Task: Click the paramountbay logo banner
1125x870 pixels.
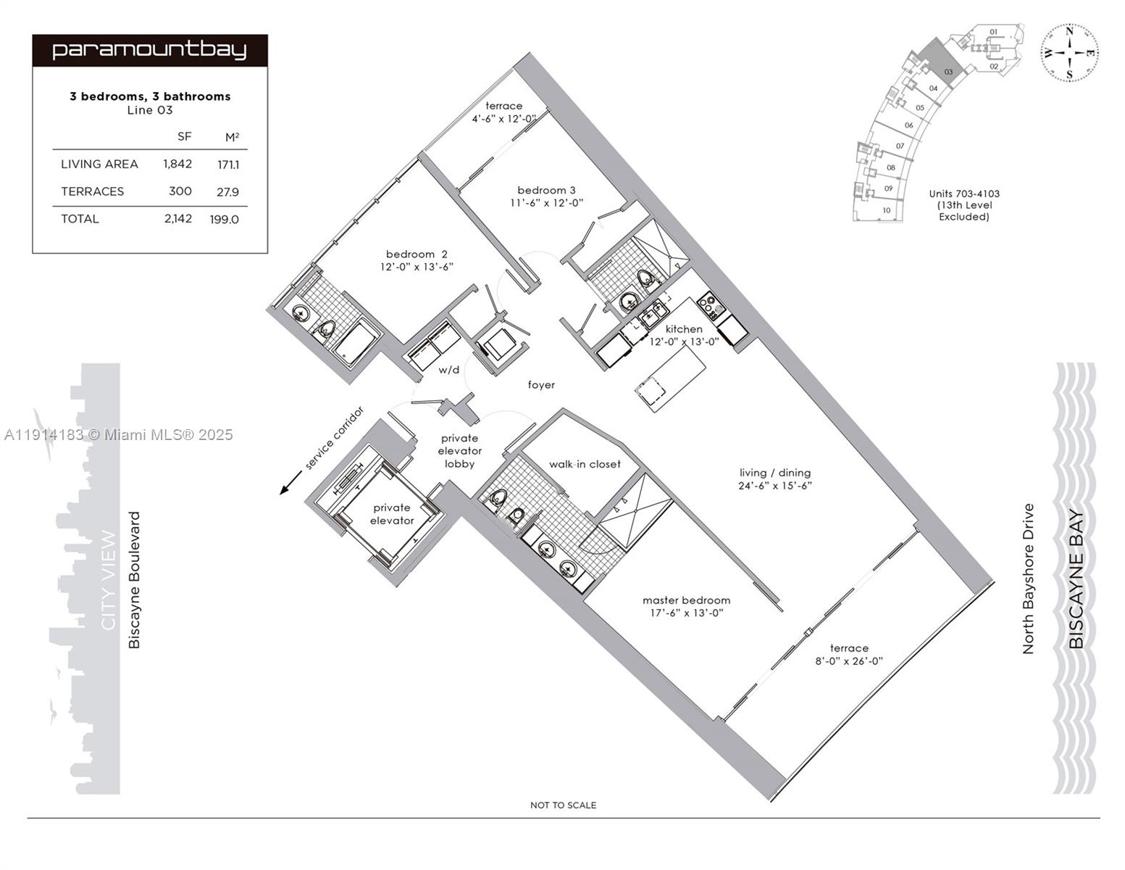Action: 150,51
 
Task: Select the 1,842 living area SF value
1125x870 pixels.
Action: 177,164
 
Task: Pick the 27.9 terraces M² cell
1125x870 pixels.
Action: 227,192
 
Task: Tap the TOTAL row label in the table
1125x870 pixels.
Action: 80,219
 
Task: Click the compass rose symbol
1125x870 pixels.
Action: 1070,52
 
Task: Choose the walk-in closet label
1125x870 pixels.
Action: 585,464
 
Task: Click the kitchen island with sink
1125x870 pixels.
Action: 669,378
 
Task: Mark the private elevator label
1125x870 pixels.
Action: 392,514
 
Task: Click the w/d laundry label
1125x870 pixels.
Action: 449,370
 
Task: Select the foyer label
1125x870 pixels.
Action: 541,385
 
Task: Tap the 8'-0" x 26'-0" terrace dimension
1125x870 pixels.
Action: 849,661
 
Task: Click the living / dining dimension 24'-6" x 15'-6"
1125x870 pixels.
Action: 775,486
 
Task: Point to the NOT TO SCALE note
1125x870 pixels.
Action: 563,805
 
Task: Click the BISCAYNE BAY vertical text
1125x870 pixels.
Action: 1076,580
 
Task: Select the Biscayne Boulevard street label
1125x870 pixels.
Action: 135,580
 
